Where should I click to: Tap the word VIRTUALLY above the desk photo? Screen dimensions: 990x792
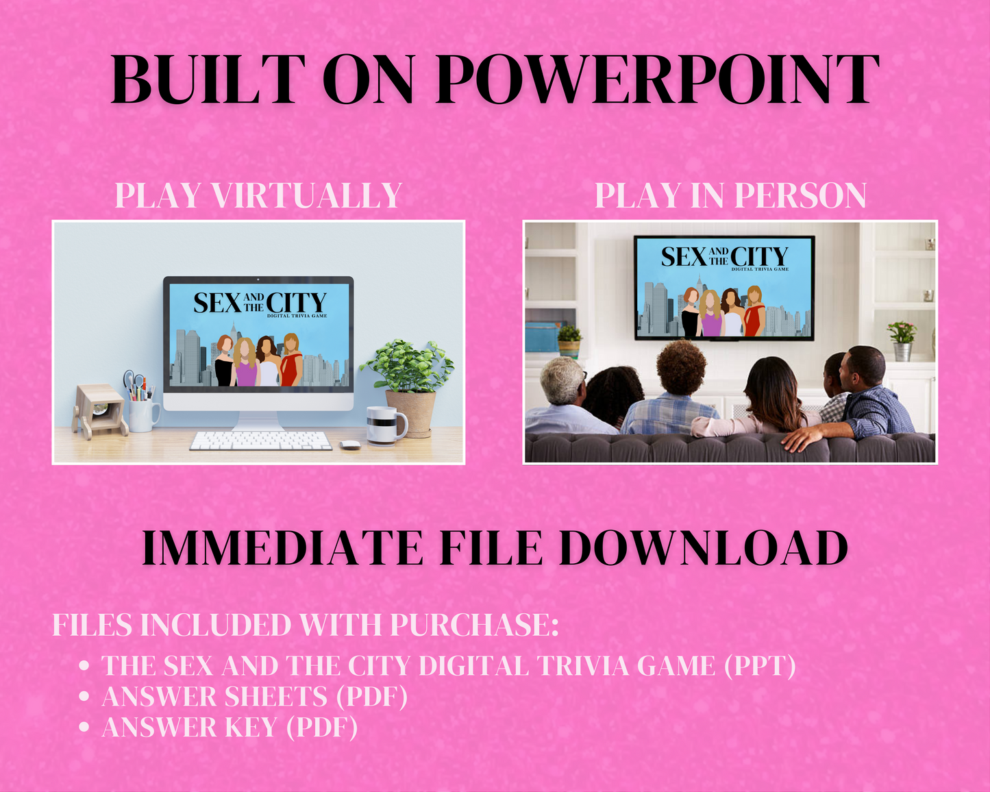[307, 195]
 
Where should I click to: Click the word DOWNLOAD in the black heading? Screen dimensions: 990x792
[704, 547]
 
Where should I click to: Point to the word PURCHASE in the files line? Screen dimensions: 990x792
[474, 625]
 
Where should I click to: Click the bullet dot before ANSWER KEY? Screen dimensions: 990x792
[84, 727]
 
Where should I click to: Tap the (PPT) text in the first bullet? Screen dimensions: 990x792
[760, 665]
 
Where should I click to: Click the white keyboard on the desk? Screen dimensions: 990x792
[260, 441]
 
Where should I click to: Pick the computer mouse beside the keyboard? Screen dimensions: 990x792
[350, 445]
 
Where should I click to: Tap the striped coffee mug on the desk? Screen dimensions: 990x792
[386, 425]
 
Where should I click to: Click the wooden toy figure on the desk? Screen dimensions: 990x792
[99, 411]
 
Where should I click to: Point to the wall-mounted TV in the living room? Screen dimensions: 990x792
[724, 288]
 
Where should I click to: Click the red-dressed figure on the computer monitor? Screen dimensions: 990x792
[291, 360]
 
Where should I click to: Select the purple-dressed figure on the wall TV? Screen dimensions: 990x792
[710, 313]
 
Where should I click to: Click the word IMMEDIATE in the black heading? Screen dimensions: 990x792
[282, 547]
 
